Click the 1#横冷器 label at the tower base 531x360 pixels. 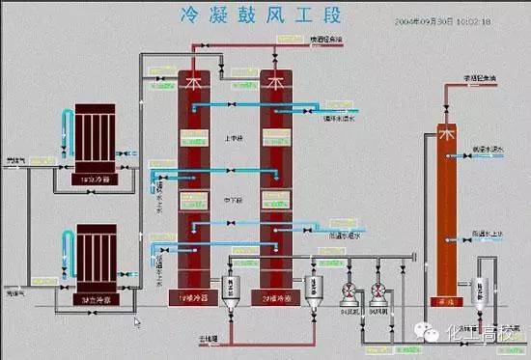point(195,297)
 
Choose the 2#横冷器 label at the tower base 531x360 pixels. point(277,297)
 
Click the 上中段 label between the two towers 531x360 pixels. point(234,139)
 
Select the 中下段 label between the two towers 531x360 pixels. point(234,200)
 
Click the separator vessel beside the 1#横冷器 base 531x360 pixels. point(233,289)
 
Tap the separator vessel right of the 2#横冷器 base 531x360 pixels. point(313,289)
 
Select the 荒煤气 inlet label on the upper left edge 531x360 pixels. point(14,161)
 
